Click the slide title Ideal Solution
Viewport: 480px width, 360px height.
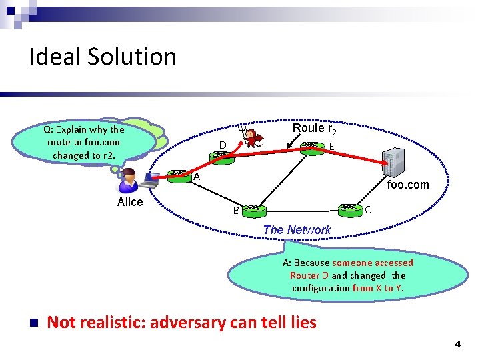[x=103, y=57]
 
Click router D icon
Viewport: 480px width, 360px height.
[x=220, y=156]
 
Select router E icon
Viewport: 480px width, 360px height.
[x=311, y=147]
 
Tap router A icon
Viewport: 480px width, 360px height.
[x=178, y=175]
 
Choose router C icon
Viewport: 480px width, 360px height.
[x=349, y=209]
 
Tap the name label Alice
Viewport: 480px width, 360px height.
[x=130, y=202]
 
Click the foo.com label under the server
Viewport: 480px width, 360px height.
[x=408, y=185]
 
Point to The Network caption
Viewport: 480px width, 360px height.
[x=297, y=230]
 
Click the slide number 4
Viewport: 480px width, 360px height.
[x=457, y=345]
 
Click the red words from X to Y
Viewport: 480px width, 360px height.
[x=377, y=288]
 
